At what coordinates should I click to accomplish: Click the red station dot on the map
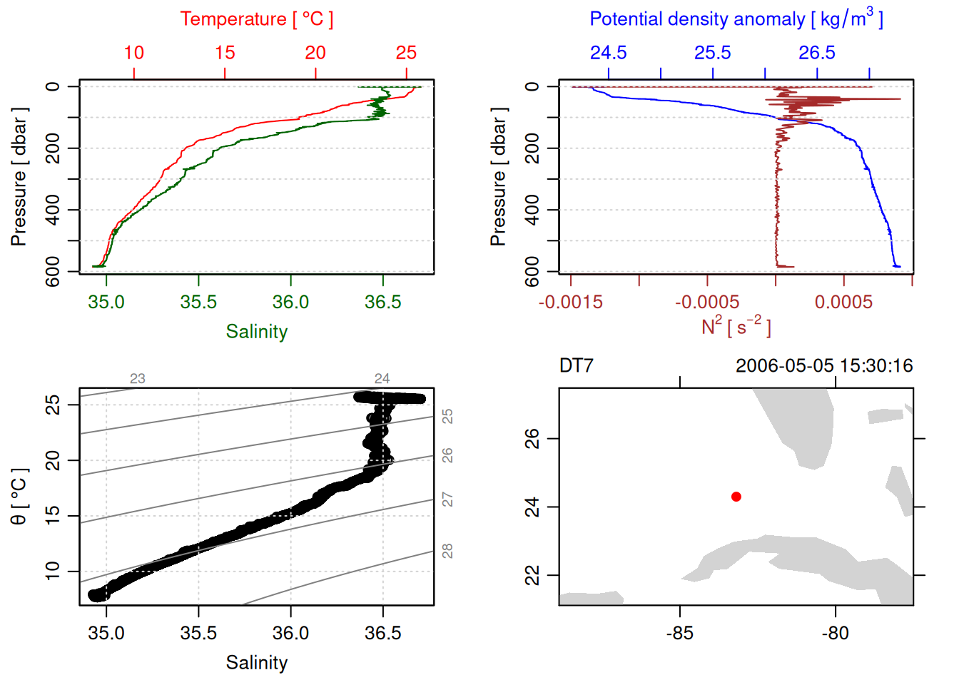[736, 497]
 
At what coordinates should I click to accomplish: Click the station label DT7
[576, 366]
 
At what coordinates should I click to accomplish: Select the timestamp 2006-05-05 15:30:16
[823, 366]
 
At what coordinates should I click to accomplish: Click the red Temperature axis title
[256, 19]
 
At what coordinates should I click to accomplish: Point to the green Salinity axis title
[256, 332]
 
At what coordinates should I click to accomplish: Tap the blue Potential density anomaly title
[736, 19]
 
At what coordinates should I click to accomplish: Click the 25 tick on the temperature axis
[406, 53]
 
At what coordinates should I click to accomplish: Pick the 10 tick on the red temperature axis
[134, 53]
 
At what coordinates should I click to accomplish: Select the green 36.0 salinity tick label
[290, 302]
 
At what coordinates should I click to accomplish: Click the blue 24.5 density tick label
[608, 53]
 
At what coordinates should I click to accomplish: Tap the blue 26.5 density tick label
[816, 53]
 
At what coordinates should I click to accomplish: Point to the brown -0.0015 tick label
[571, 302]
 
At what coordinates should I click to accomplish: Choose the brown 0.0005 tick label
[843, 302]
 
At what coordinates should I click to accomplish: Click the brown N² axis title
[736, 326]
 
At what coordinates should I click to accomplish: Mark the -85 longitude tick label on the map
[679, 633]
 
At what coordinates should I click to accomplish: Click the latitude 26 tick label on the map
[532, 437]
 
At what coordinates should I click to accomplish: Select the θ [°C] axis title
[19, 496]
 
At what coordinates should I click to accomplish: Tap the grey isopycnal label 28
[447, 551]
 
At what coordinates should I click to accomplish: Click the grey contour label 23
[138, 379]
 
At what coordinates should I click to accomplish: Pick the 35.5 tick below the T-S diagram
[198, 633]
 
